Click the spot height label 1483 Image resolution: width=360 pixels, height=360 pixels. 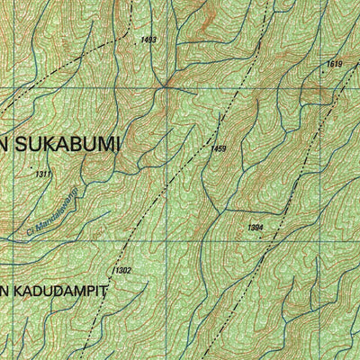[148, 40]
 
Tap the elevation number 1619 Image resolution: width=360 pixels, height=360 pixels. [334, 63]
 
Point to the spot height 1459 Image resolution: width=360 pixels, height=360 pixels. [218, 148]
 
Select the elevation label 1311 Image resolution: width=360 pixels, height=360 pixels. [42, 174]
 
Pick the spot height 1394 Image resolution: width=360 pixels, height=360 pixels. [255, 229]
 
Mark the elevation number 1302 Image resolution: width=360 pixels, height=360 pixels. [122, 270]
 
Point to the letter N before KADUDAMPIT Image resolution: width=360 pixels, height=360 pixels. [4, 291]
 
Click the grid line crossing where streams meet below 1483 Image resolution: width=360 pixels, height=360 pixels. [166, 86]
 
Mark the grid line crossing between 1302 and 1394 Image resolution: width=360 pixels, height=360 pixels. [166, 240]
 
